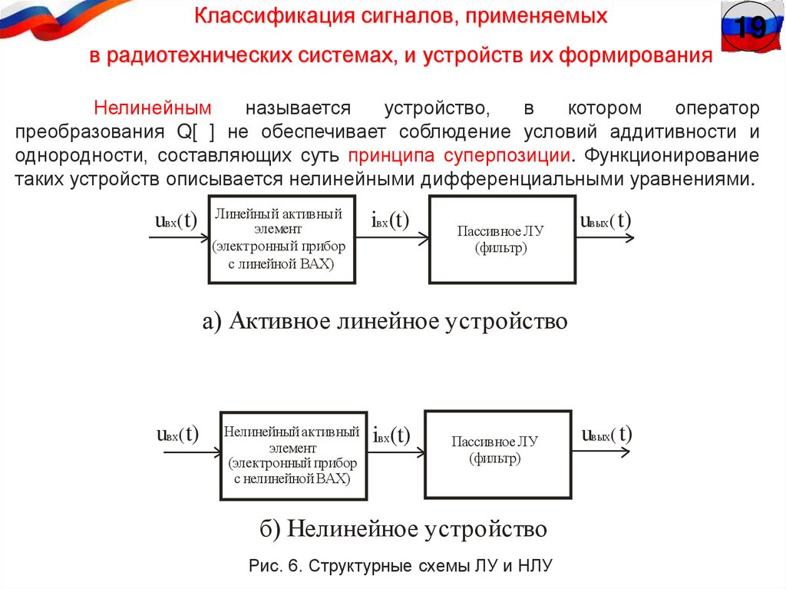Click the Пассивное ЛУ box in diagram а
pyautogui.click(x=501, y=240)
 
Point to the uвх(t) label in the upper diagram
pyautogui.click(x=176, y=221)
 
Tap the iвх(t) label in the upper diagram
pyautogui.click(x=390, y=221)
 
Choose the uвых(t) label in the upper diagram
pyautogui.click(x=606, y=221)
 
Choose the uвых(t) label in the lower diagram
pyautogui.click(x=606, y=435)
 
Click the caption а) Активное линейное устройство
pyautogui.click(x=385, y=320)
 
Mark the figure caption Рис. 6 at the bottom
pyautogui.click(x=401, y=566)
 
